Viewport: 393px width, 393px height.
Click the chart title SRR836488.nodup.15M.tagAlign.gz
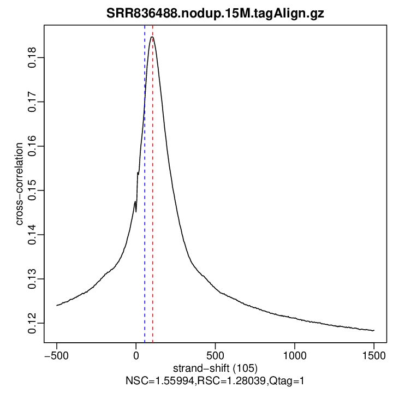(215, 14)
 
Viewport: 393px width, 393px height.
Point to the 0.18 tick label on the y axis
(33, 58)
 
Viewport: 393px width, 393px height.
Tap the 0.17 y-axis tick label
(33, 102)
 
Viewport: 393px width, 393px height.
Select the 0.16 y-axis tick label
(33, 146)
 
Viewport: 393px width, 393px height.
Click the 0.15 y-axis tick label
(33, 190)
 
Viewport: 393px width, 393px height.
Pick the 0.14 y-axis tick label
(33, 235)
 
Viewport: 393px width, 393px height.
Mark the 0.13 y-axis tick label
(33, 279)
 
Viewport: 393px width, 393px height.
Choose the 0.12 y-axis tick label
(33, 323)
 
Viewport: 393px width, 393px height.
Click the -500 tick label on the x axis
(56, 354)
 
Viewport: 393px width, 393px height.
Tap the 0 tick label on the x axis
(136, 354)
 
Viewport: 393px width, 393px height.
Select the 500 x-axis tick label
(215, 354)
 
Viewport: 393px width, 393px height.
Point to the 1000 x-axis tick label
(295, 354)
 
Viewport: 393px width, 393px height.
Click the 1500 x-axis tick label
(374, 354)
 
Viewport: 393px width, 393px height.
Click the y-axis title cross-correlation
(19, 184)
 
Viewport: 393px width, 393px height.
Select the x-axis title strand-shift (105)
(215, 367)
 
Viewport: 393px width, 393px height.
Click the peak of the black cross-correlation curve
(152, 37)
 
